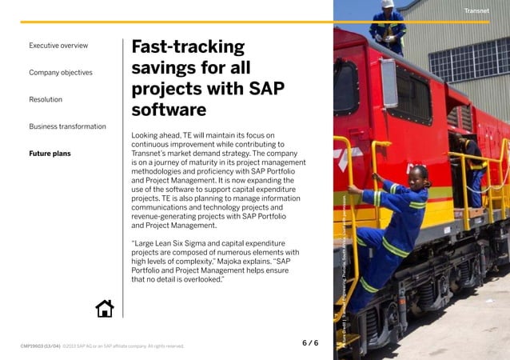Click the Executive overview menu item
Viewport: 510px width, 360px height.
[58, 46]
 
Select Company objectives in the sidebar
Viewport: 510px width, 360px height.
[61, 73]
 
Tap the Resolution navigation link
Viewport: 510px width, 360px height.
[46, 99]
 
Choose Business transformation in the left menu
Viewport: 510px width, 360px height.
[67, 126]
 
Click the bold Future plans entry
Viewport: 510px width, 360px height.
[50, 153]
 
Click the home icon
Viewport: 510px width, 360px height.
[105, 308]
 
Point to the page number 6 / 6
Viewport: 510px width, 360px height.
[310, 343]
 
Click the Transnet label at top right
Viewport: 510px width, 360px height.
[476, 10]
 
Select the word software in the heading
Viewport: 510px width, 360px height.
[169, 110]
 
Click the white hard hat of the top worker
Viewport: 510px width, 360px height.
[388, 4]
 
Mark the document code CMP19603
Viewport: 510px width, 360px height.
[40, 346]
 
